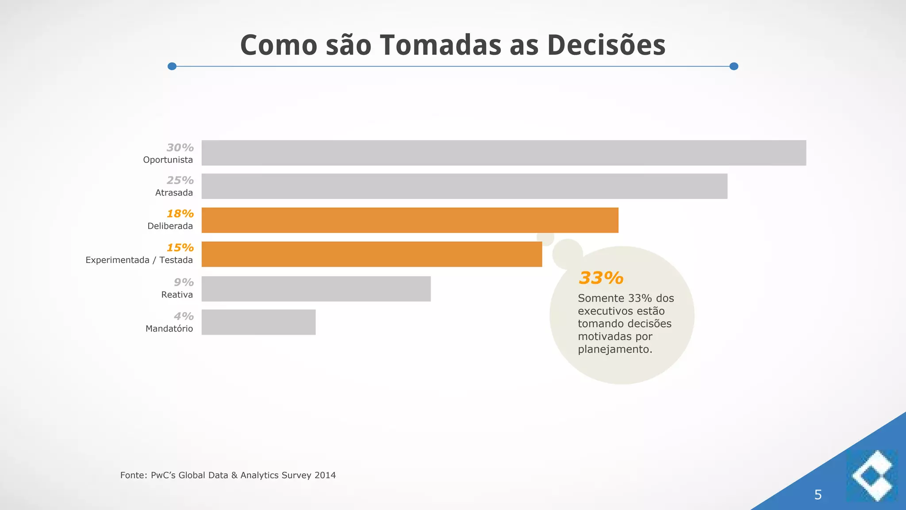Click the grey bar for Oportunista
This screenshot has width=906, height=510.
pyautogui.click(x=503, y=153)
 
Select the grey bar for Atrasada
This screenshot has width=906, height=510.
pyautogui.click(x=464, y=186)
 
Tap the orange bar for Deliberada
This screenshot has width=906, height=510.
pyautogui.click(x=410, y=220)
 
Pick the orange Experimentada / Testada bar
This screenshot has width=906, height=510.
pyautogui.click(x=372, y=254)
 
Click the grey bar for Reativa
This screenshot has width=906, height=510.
pyautogui.click(x=316, y=289)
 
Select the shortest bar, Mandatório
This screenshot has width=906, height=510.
pyautogui.click(x=258, y=322)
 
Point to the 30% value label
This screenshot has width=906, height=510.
pyautogui.click(x=180, y=147)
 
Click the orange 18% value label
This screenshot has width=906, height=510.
pyautogui.click(x=180, y=213)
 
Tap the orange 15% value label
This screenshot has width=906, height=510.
pyautogui.click(x=180, y=247)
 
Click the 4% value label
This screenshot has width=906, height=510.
pyautogui.click(x=184, y=316)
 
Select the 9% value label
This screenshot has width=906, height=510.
pyautogui.click(x=184, y=282)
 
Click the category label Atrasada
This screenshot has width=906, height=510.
pyautogui.click(x=174, y=193)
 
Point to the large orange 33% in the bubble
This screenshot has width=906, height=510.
pyautogui.click(x=601, y=278)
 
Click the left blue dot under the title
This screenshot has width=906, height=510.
pyautogui.click(x=172, y=66)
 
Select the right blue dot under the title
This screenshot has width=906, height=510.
pyautogui.click(x=733, y=66)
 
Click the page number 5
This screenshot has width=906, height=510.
pyautogui.click(x=818, y=495)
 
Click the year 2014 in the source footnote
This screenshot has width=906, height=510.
pyautogui.click(x=325, y=475)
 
